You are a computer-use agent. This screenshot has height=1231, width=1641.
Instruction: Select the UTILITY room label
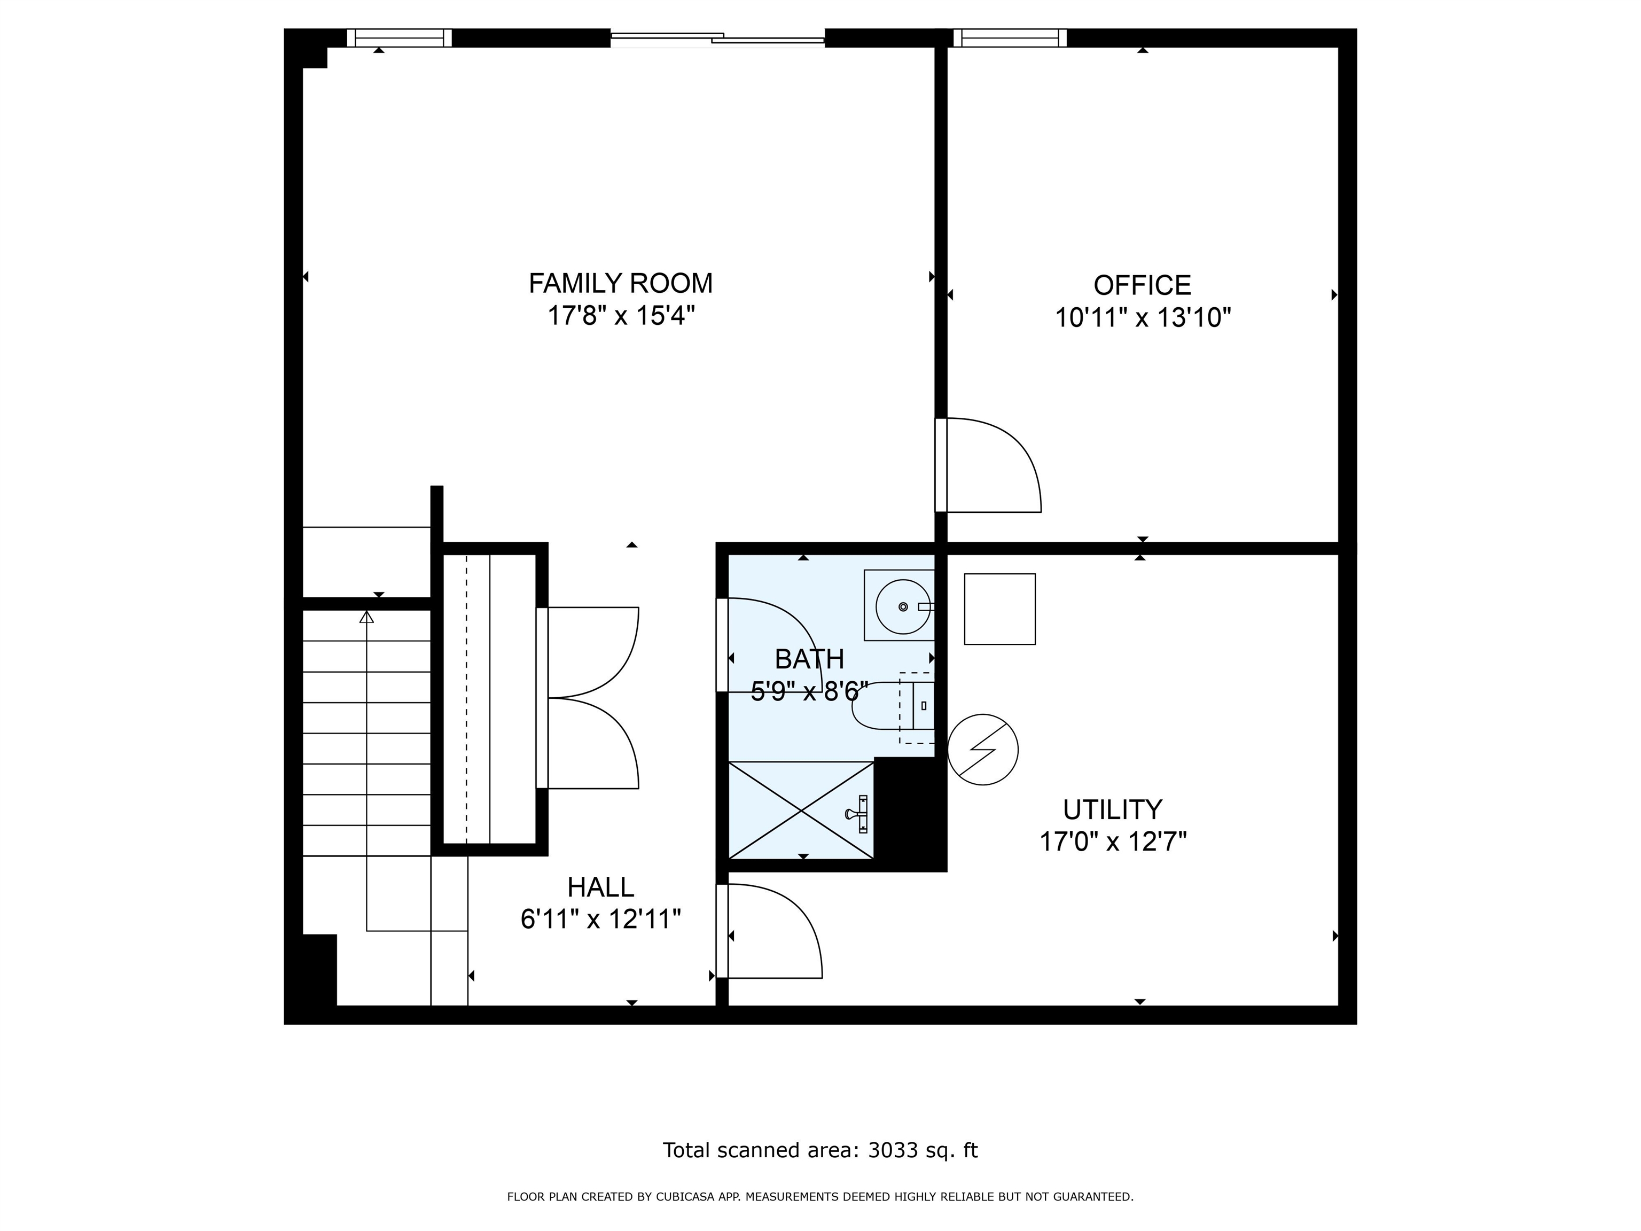tap(1112, 809)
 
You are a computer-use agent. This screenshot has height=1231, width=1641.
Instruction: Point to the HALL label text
tap(601, 887)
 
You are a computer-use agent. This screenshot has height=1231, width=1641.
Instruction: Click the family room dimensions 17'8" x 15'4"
tap(621, 315)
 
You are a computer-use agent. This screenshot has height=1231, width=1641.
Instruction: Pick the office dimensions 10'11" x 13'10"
tap(1143, 317)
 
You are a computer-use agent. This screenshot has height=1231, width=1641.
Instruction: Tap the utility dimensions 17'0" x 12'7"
tap(1113, 842)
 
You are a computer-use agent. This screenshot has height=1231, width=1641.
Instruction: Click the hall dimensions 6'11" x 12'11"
tap(601, 920)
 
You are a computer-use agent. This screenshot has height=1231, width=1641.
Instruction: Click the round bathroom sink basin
tap(903, 606)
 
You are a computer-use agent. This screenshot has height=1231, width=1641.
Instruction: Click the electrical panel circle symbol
tap(983, 750)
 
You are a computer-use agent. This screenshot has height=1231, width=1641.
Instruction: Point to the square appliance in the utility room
tap(999, 609)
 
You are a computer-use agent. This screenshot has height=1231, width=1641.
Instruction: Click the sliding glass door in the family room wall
tap(717, 38)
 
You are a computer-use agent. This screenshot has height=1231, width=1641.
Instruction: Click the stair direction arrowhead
tap(366, 617)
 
